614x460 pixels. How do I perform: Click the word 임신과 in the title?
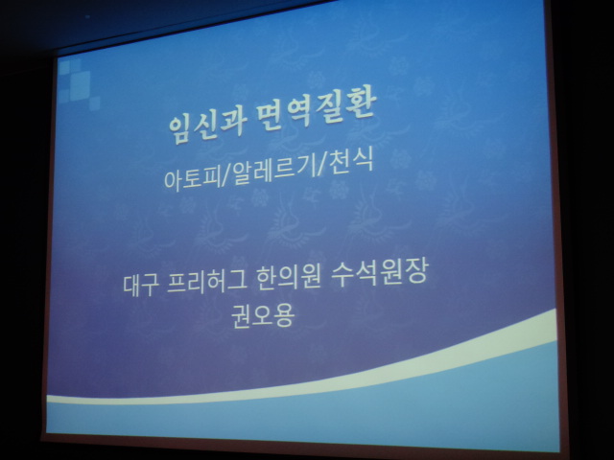pyautogui.click(x=208, y=126)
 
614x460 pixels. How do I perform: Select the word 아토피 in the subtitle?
pyautogui.click(x=192, y=179)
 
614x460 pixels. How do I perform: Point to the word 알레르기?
pyautogui.click(x=273, y=171)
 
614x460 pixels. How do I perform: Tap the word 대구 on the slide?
pyautogui.click(x=141, y=285)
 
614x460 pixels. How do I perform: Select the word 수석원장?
pyautogui.click(x=380, y=270)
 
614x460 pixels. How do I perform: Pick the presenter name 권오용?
pyautogui.click(x=262, y=315)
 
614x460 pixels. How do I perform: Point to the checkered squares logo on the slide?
pyautogui.click(x=79, y=83)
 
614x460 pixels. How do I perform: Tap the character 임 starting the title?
pyautogui.click(x=180, y=129)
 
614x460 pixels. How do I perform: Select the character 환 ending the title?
pyautogui.click(x=363, y=104)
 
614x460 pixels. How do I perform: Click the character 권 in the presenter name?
pyautogui.click(x=241, y=317)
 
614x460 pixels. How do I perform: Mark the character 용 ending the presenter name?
pyautogui.click(x=284, y=315)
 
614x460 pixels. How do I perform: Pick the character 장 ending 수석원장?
pyautogui.click(x=417, y=269)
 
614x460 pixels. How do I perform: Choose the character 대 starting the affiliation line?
pyautogui.click(x=132, y=286)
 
